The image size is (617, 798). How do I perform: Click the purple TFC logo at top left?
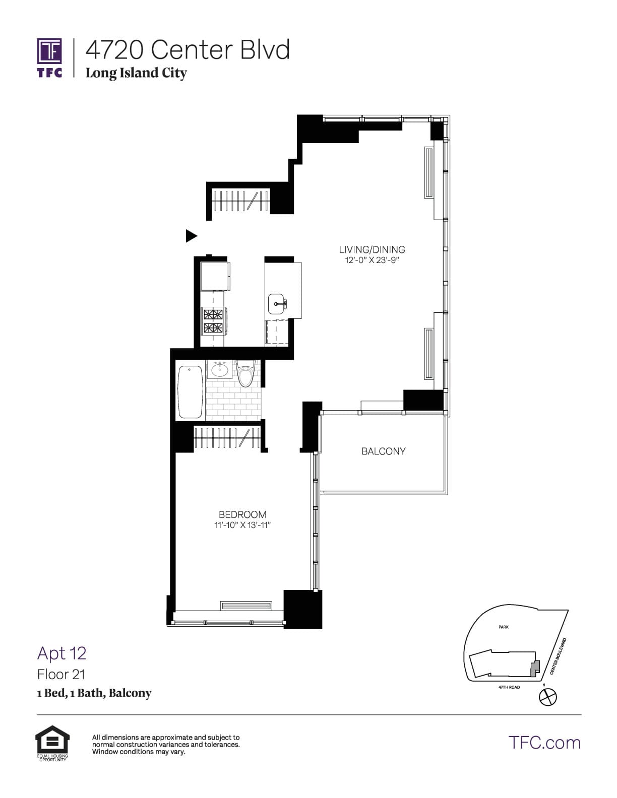(49, 57)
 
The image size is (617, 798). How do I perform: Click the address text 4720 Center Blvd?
(188, 50)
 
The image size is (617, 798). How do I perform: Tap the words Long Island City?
(136, 73)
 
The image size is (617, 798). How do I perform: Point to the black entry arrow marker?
(191, 235)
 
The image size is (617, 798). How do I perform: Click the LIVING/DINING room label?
(372, 249)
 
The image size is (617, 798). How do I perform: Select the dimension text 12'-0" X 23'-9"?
(372, 260)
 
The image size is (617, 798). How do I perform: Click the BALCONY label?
(383, 451)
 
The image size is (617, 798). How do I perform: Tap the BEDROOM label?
(242, 514)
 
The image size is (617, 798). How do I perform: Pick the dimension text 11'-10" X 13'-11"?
(242, 525)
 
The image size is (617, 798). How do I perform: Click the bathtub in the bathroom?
(191, 391)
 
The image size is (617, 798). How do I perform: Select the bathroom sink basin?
(220, 370)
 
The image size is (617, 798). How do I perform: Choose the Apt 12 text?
(62, 653)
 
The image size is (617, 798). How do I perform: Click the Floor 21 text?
(61, 674)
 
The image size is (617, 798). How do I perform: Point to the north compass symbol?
(548, 697)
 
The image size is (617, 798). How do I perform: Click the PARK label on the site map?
(504, 627)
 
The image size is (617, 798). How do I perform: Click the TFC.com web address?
(544, 743)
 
